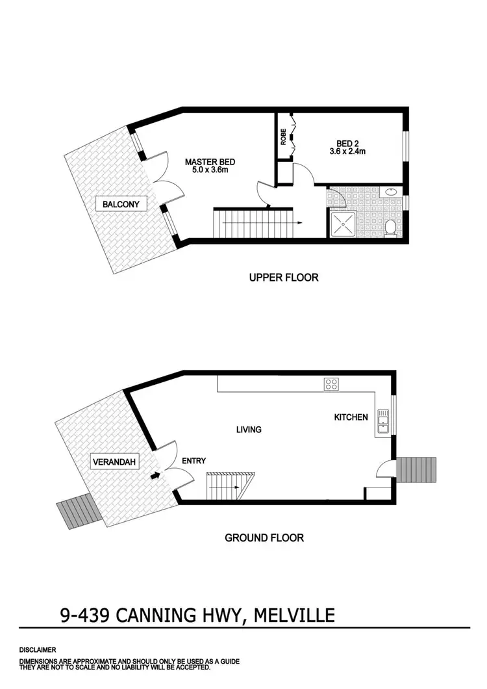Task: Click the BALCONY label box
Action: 121,204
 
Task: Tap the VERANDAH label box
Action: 114,462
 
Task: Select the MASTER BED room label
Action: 210,166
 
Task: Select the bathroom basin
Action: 392,192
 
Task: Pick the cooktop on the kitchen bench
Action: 331,384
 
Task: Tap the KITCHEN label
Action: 351,417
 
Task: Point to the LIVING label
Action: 249,430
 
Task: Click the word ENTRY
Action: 194,461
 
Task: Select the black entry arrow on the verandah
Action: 155,476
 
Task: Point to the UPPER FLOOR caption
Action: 284,278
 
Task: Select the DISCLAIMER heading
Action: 38,649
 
